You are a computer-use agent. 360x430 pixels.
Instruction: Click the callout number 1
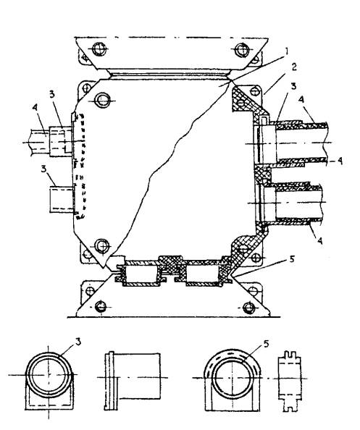click(286, 51)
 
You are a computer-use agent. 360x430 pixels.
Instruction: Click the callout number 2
click(293, 67)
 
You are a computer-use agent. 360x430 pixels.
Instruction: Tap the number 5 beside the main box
click(292, 259)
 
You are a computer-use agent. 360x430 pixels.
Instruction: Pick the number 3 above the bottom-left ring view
click(78, 342)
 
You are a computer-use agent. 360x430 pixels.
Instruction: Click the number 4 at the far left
click(35, 108)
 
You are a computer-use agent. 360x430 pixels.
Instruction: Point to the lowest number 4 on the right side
click(319, 241)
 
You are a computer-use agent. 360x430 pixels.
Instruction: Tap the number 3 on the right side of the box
click(293, 86)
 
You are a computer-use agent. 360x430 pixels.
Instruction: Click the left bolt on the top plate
click(99, 49)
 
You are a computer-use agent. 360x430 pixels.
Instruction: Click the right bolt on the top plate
click(242, 50)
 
